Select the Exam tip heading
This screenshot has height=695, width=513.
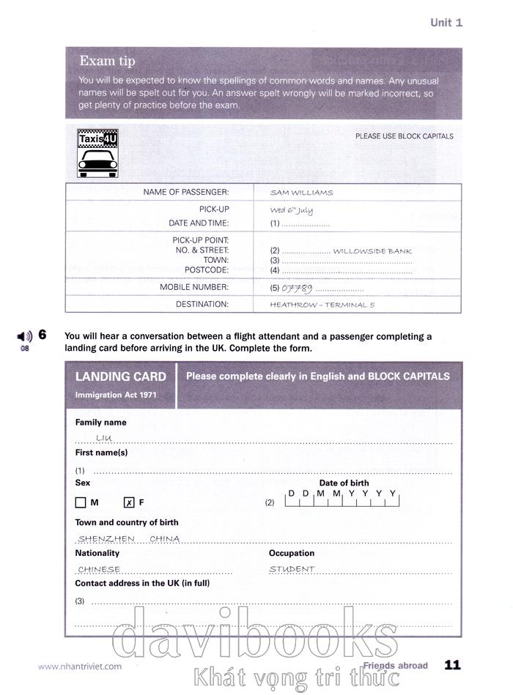tap(107, 61)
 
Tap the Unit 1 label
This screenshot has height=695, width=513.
tap(446, 23)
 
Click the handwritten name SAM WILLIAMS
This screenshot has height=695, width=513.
tap(301, 193)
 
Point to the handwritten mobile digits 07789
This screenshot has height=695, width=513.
tap(298, 288)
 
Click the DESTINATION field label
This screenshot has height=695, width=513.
tap(202, 304)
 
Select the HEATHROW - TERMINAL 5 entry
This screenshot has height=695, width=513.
tap(322, 305)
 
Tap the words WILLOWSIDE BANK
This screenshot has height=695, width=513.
tap(372, 251)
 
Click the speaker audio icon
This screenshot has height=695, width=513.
tap(26, 336)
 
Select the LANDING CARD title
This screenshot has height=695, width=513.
tap(121, 376)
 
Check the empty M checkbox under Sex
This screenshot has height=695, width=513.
tap(81, 502)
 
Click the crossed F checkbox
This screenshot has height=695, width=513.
tap(129, 502)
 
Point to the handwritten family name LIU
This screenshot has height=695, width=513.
tap(103, 438)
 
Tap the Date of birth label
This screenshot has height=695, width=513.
tap(344, 483)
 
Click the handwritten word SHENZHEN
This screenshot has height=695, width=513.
tap(106, 538)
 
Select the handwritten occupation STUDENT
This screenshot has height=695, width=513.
tap(292, 569)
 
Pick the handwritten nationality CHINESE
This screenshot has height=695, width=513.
tap(99, 569)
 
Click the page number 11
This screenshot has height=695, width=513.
tap(452, 665)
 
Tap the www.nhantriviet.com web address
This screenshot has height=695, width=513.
tap(80, 666)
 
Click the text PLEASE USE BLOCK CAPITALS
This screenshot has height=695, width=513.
tap(404, 136)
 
